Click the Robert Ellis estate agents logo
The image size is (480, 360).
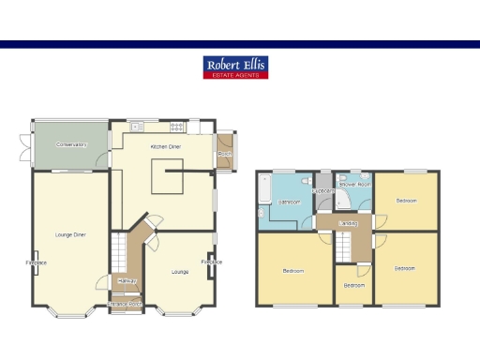tap(236, 67)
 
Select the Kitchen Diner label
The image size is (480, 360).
tap(167, 147)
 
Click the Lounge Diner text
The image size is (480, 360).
tap(71, 233)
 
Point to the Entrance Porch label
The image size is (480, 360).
tap(125, 304)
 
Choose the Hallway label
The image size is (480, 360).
tap(127, 281)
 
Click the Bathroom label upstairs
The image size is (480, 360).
tap(291, 202)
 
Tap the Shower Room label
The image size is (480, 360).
tap(355, 185)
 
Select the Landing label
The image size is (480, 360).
tap(348, 223)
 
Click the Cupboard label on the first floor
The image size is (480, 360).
tap(323, 190)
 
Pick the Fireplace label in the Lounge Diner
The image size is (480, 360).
tap(37, 262)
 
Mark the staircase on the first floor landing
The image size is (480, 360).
tap(344, 246)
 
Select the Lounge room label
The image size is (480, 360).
tap(179, 272)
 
